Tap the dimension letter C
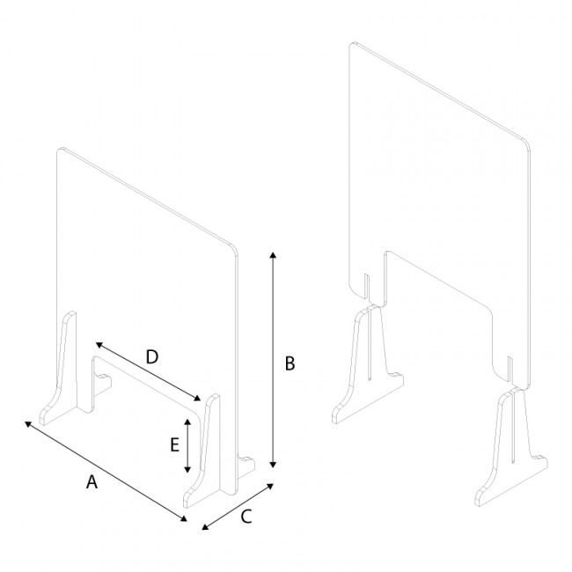coord(246,517)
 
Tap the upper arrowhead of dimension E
coord(187,423)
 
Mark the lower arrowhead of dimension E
coord(187,470)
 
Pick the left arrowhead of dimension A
coord(29,424)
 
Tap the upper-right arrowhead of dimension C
coord(271,483)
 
